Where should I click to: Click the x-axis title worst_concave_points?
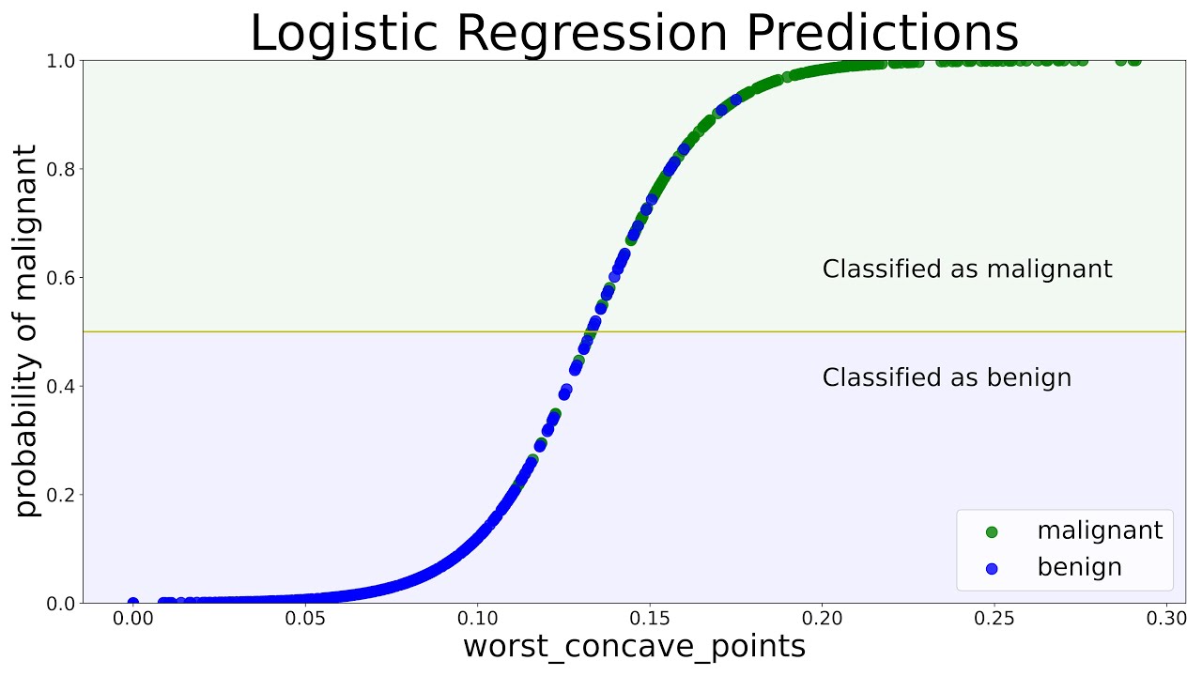tap(634, 646)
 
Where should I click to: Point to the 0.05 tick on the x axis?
tap(305, 620)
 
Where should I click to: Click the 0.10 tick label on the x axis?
tap(477, 620)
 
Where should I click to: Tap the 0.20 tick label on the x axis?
tap(822, 620)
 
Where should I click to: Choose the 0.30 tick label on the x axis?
tap(1166, 620)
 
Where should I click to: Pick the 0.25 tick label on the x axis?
tap(994, 620)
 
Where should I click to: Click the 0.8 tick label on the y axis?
tap(61, 169)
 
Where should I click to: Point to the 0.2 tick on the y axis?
tap(61, 495)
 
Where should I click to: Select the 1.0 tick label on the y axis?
tap(61, 61)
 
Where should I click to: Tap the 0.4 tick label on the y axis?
tap(61, 386)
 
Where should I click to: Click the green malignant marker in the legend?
tap(992, 531)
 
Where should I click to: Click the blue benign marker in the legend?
tap(992, 568)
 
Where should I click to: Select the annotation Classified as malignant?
tap(966, 269)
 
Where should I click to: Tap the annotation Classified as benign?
tap(947, 378)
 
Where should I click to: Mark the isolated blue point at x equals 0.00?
tap(133, 603)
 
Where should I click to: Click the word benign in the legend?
tap(1079, 568)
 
